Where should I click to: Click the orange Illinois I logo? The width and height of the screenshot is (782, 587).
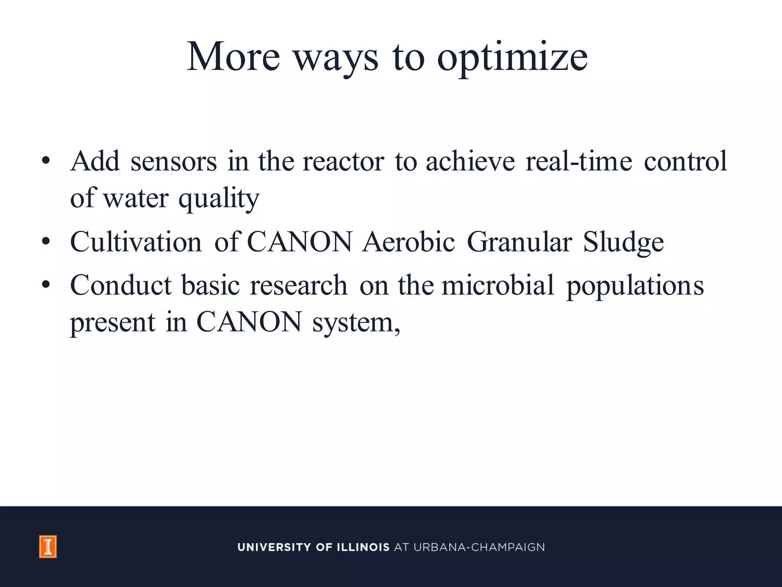pyautogui.click(x=48, y=546)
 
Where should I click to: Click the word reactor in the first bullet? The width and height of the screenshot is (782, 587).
pyautogui.click(x=343, y=162)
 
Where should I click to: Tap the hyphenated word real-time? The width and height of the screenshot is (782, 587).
pyautogui.click(x=578, y=162)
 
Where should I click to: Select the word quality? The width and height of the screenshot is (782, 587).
pyautogui.click(x=219, y=199)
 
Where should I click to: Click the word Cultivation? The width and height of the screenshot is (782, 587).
pyautogui.click(x=136, y=242)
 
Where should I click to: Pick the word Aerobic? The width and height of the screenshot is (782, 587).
pyautogui.click(x=409, y=242)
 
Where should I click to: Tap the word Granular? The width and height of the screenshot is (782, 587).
pyautogui.click(x=519, y=242)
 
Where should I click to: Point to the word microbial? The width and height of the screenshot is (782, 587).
pyautogui.click(x=498, y=285)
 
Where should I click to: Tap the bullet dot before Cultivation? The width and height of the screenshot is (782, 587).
pyautogui.click(x=46, y=242)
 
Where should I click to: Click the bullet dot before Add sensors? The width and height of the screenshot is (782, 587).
pyautogui.click(x=46, y=161)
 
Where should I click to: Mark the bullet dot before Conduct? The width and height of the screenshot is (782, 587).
pyautogui.click(x=46, y=285)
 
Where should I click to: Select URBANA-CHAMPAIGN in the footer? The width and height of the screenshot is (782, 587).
pyautogui.click(x=479, y=547)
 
